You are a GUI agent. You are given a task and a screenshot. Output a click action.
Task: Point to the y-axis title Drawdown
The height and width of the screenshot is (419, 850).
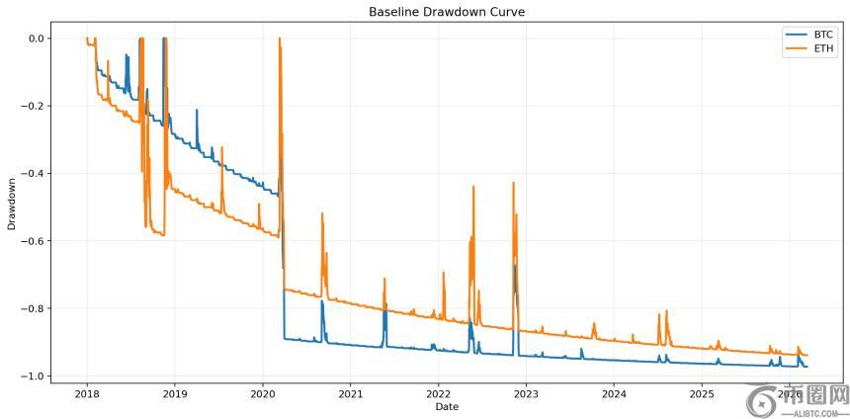tap(12, 205)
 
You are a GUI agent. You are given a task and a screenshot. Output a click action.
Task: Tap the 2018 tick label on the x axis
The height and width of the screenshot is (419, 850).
tap(87, 393)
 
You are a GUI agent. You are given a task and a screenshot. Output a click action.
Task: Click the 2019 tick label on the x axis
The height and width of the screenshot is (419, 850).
tap(175, 393)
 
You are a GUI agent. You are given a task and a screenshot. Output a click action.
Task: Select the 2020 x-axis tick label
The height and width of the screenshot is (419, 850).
tap(263, 393)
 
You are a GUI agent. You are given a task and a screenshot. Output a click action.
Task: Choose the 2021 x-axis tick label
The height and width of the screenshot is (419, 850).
tap(351, 393)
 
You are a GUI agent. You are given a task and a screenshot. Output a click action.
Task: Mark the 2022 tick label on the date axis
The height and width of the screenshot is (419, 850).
tap(439, 393)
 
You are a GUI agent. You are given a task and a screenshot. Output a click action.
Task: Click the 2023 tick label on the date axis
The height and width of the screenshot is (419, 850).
tap(527, 393)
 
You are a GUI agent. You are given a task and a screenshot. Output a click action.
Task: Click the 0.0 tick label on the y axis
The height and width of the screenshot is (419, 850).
tap(37, 39)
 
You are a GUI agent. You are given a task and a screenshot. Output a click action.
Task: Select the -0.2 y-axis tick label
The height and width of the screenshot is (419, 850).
tap(34, 106)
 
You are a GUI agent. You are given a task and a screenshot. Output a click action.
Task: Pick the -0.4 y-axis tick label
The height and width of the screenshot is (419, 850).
tap(34, 174)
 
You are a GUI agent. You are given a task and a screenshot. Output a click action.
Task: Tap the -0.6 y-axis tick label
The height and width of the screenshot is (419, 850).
tap(34, 241)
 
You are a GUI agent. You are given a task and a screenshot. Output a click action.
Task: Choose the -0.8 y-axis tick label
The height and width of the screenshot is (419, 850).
tap(34, 308)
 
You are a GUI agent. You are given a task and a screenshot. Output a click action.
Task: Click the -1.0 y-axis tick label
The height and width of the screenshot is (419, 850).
tap(34, 377)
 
